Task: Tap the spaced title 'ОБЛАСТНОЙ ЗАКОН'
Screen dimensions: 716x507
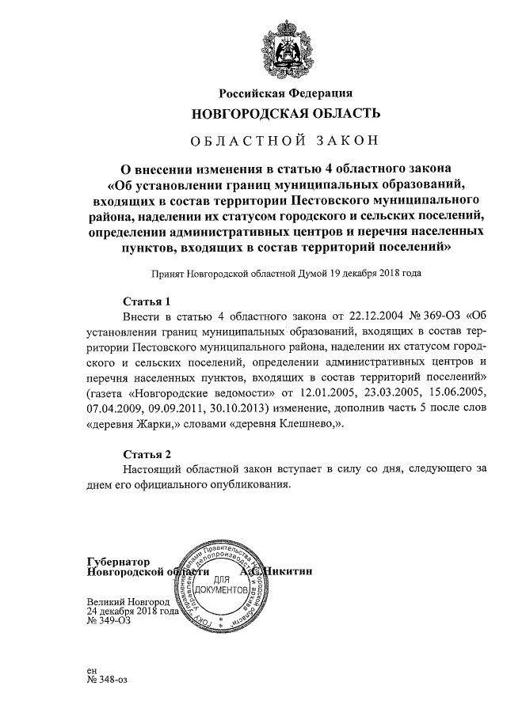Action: (x=286, y=142)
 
